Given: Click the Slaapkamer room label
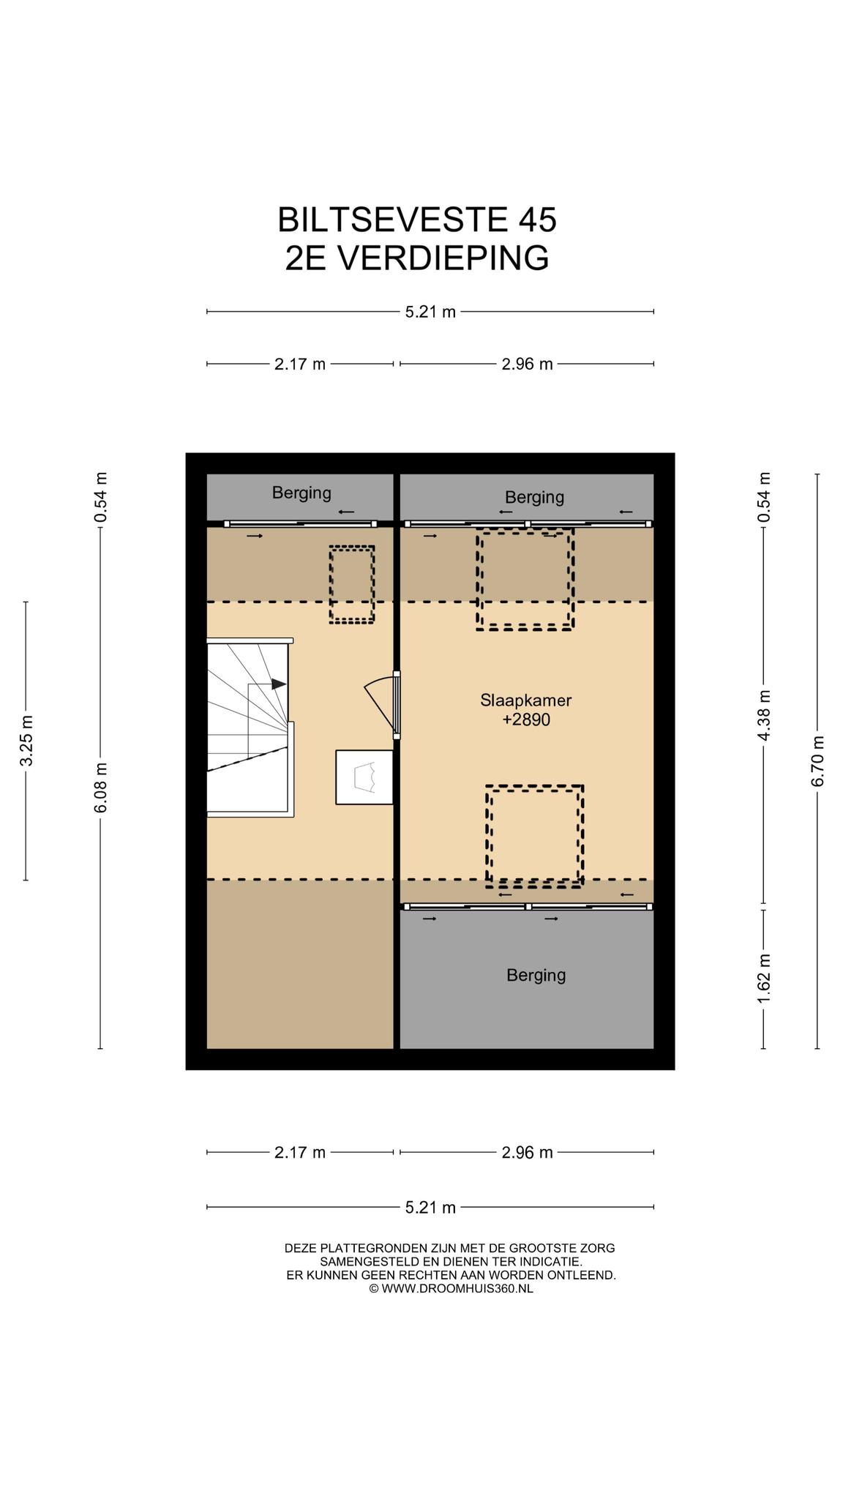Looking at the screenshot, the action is point(525,700).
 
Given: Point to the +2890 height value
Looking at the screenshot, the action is point(526,720).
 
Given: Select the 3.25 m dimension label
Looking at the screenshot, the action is point(26,741).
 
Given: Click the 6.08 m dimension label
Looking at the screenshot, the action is point(101,787).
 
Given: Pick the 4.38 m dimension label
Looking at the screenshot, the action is point(764,715).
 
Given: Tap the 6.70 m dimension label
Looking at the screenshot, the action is point(818,761).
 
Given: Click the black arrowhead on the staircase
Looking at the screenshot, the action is point(279,684).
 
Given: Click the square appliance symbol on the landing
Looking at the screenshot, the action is point(364,777).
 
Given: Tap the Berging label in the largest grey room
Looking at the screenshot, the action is point(536,975).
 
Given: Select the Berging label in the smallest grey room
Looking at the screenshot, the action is point(301,493).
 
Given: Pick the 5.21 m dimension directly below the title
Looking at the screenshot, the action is point(430,312).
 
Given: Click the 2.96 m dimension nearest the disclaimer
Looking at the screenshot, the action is point(527,1153).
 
